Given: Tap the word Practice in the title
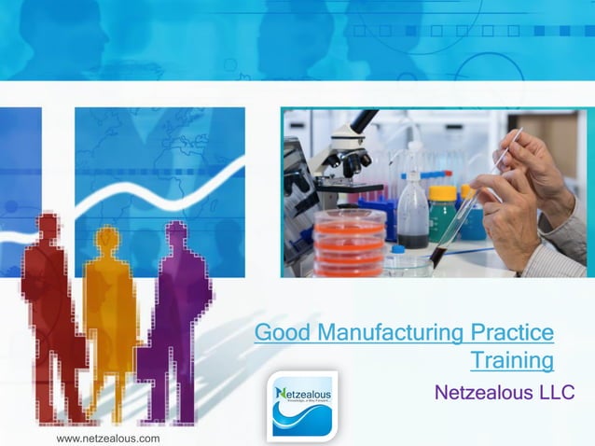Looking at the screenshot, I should click(512, 332).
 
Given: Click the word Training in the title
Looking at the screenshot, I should click(511, 360).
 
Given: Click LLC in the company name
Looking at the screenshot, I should click(556, 392).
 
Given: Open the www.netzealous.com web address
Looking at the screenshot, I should click(108, 438).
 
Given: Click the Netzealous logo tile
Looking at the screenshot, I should click(302, 404).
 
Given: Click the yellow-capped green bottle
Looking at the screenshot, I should click(442, 213).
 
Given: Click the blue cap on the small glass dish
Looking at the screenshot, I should click(398, 250).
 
